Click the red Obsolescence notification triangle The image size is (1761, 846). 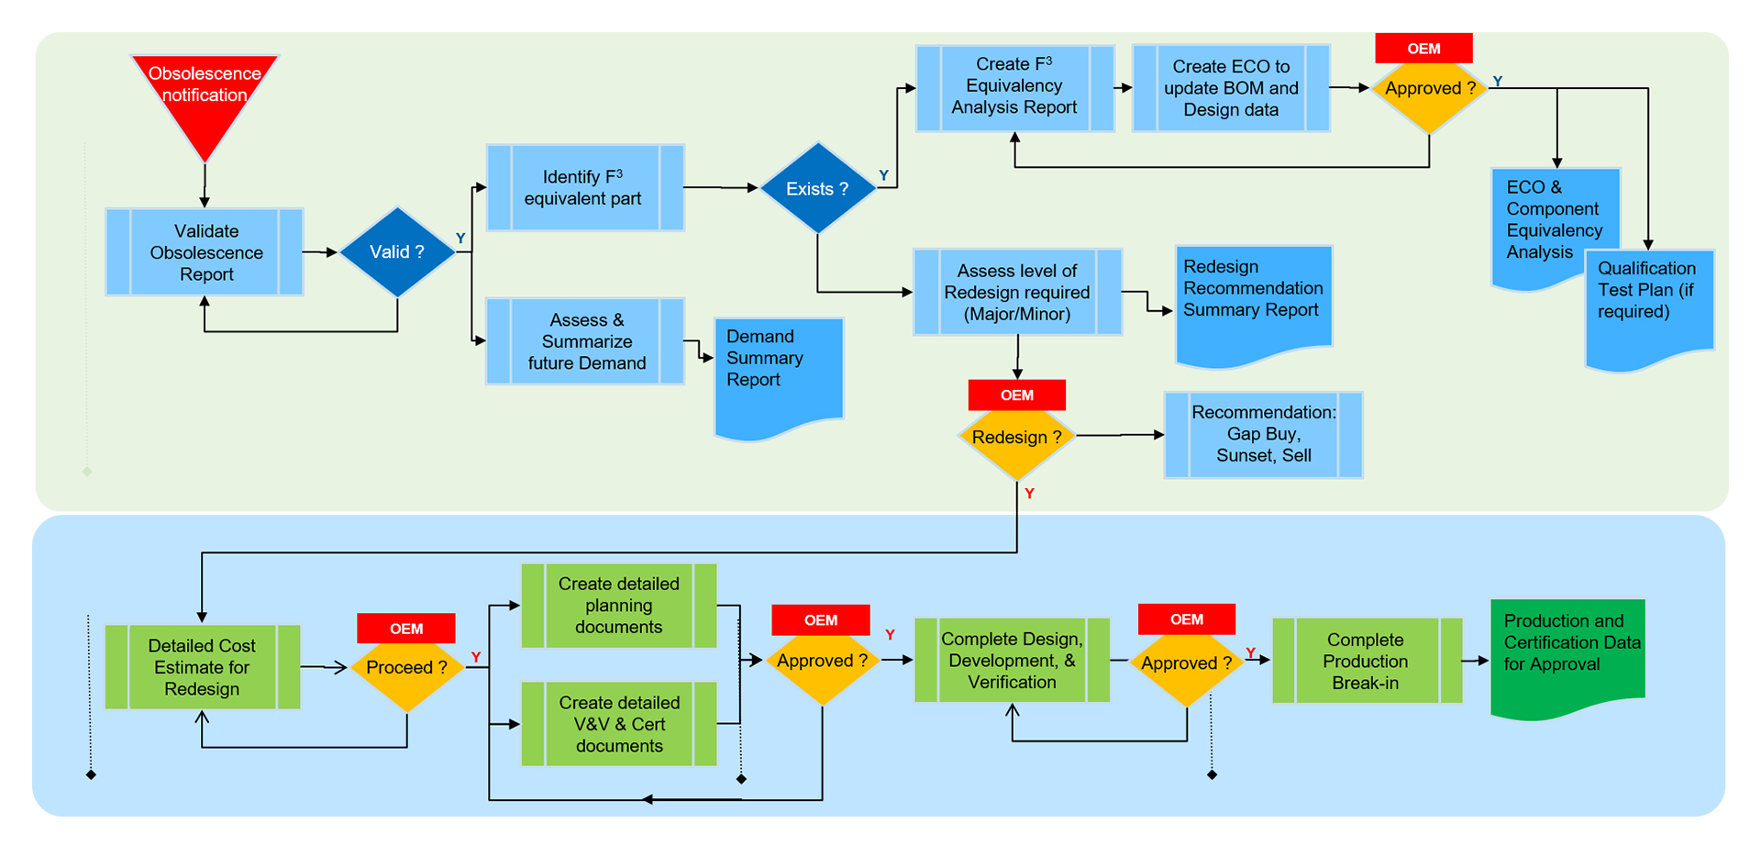click(205, 96)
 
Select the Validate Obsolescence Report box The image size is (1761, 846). click(205, 252)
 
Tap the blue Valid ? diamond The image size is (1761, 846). click(397, 251)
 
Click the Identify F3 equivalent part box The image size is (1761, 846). click(584, 188)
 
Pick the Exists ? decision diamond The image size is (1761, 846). click(817, 188)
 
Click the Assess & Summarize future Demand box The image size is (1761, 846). click(585, 341)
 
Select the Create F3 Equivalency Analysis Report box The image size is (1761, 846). click(1014, 88)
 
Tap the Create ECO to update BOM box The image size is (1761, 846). click(1231, 88)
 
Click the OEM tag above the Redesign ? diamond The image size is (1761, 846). click(1016, 395)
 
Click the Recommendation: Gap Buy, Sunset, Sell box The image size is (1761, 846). click(1263, 435)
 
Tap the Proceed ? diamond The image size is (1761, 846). click(406, 668)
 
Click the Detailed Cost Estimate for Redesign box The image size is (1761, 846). click(202, 667)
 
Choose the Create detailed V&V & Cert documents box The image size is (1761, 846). click(619, 724)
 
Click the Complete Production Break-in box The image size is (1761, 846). click(1366, 661)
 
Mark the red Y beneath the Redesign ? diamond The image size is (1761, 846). click(1029, 494)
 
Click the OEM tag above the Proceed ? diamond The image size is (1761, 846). click(406, 629)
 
